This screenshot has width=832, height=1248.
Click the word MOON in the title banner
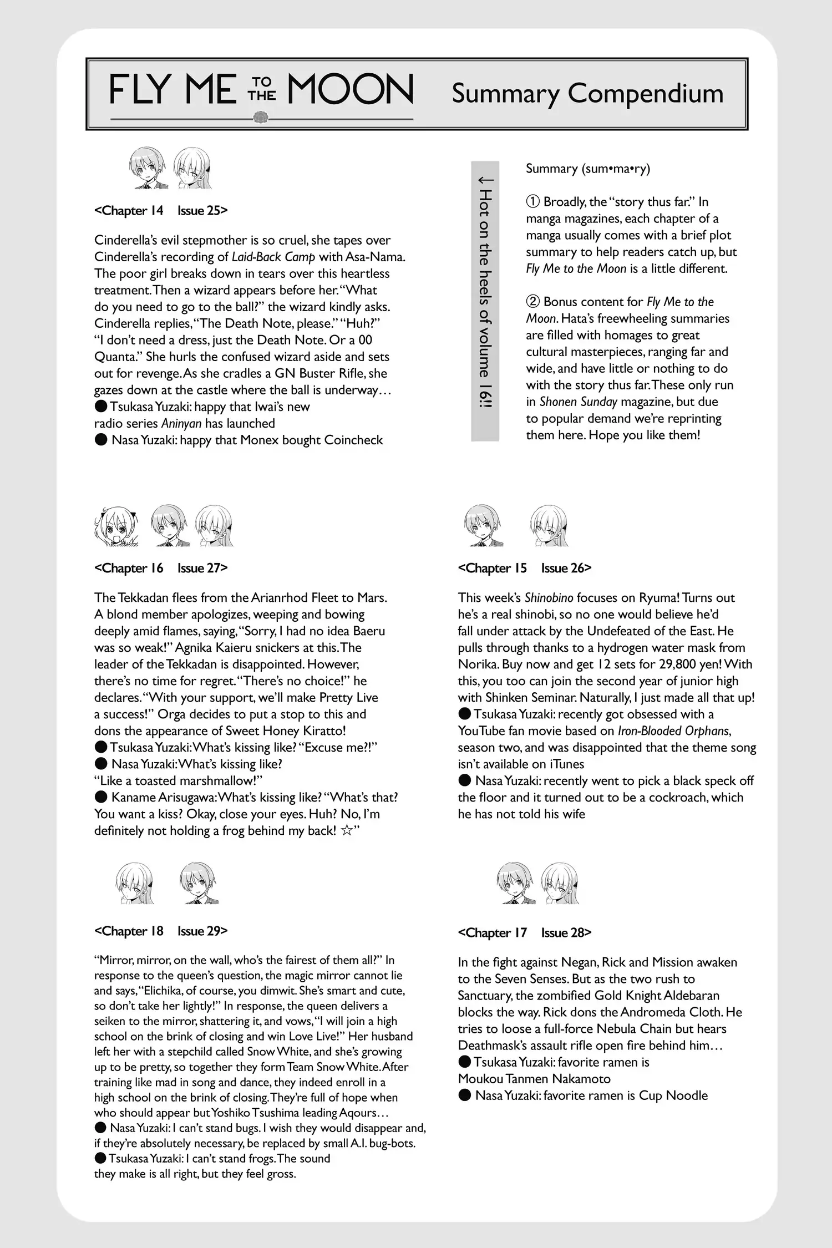(350, 90)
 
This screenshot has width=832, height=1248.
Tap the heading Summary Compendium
(587, 93)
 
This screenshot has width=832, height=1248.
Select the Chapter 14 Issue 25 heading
(161, 211)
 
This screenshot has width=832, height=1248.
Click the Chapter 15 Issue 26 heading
(525, 568)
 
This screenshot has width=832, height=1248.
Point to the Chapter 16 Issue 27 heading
(161, 568)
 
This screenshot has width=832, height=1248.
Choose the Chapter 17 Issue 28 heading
(525, 932)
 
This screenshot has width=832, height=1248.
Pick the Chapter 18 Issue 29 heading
(161, 931)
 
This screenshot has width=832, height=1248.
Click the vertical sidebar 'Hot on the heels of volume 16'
(485, 301)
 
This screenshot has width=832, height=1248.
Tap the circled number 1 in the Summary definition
(532, 202)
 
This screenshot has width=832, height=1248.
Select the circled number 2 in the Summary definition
(532, 302)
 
